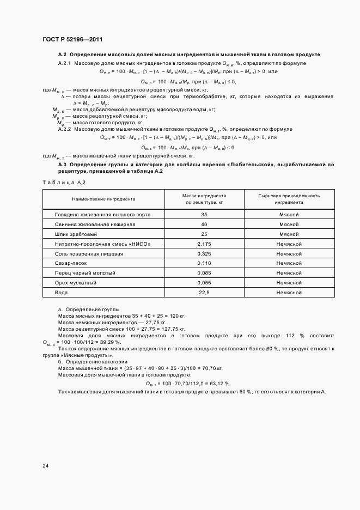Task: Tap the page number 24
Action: pos(46,466)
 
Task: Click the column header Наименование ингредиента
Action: pos(102,199)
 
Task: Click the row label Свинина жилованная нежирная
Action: pos(87,224)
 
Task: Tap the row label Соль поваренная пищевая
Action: pos(81,254)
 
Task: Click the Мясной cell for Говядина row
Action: pos(289,215)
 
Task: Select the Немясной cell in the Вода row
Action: pos(289,293)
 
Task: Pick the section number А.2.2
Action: pos(65,129)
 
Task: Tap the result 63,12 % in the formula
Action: pos(219,383)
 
